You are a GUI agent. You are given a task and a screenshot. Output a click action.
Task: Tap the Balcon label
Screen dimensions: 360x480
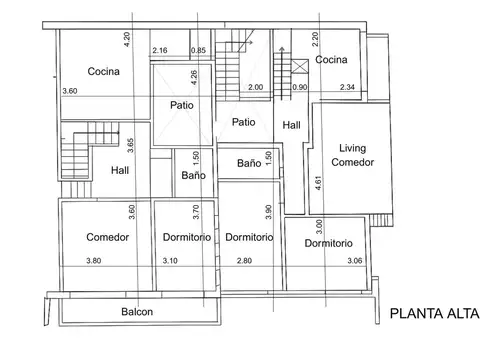(137, 312)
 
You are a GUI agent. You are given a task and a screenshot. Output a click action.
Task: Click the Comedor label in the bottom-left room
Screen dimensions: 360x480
(106, 237)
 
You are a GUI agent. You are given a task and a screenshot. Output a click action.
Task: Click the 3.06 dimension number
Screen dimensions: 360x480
(354, 262)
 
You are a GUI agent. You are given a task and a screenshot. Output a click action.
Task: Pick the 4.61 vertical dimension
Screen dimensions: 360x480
(318, 182)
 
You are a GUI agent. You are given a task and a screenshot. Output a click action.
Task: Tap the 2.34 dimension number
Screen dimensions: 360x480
(348, 88)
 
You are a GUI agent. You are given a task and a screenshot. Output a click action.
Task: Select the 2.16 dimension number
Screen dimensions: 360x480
(159, 50)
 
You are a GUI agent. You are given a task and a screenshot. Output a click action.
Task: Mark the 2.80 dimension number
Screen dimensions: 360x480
(243, 262)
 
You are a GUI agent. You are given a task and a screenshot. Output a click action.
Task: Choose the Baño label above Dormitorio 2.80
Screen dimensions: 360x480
(250, 162)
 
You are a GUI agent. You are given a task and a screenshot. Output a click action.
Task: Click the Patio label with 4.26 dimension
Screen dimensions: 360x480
(182, 104)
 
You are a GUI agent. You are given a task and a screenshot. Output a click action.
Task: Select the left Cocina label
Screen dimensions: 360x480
(103, 70)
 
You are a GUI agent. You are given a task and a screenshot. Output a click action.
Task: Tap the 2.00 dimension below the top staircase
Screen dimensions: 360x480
(255, 88)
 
